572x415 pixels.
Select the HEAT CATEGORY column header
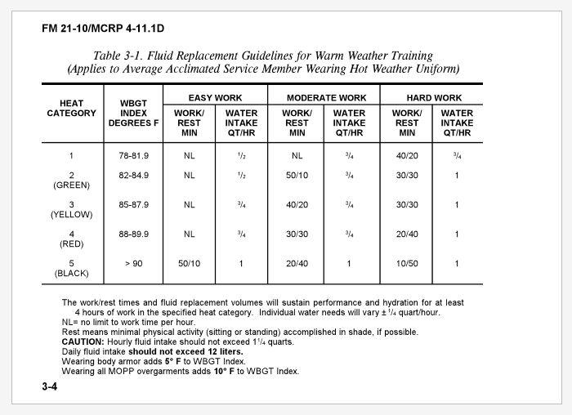click(71, 109)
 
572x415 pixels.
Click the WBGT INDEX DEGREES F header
click(132, 113)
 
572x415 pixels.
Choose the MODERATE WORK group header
click(326, 98)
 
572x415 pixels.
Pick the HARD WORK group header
click(433, 98)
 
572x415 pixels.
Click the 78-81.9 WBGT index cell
click(132, 154)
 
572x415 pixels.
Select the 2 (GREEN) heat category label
click(72, 181)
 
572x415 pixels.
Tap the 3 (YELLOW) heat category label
click(72, 210)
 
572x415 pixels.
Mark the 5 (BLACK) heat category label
click(72, 269)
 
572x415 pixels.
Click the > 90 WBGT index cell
click(132, 264)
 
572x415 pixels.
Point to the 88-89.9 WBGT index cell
click(132, 234)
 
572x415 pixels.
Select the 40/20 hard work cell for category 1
click(407, 154)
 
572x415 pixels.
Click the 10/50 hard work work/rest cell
click(407, 264)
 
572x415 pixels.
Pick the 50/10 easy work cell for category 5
click(190, 264)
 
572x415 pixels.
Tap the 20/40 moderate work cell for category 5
click(297, 264)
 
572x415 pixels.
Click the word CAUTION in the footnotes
click(83, 341)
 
